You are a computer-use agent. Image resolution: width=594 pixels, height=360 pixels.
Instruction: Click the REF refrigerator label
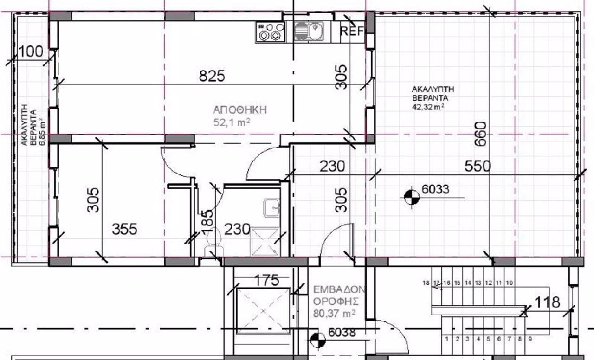[x=352, y=31]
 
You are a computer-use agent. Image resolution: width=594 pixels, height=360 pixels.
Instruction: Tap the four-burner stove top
[x=271, y=32]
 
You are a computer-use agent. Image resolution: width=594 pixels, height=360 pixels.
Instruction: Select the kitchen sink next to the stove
[x=309, y=31]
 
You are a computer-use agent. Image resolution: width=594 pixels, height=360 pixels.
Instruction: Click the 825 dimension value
[x=212, y=76]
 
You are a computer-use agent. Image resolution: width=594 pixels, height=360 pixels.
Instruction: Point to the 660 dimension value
[x=481, y=134]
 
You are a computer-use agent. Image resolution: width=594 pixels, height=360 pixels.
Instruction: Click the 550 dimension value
[x=478, y=166]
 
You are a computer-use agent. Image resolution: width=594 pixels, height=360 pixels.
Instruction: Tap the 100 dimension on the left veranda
[x=31, y=51]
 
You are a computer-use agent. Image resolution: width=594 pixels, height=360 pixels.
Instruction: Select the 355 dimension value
[x=124, y=229]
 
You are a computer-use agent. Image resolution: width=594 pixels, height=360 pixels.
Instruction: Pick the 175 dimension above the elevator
[x=267, y=280]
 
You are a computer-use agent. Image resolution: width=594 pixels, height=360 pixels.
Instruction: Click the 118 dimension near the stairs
[x=547, y=302]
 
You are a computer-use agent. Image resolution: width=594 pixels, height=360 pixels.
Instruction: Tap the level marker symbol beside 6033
[x=412, y=197]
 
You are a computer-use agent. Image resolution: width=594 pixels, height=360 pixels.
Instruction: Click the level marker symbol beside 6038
[x=318, y=341]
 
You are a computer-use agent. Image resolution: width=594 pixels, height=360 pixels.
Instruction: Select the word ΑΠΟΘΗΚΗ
[x=240, y=110]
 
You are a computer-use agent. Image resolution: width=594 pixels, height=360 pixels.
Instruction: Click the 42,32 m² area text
[x=428, y=107]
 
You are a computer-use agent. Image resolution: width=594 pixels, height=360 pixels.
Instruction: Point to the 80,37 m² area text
[x=334, y=314]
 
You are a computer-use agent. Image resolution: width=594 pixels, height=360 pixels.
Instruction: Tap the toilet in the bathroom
[x=213, y=243]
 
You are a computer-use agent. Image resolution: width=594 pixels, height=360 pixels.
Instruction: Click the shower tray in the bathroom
[x=265, y=242]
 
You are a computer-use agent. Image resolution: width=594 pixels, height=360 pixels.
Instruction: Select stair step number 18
[x=426, y=283]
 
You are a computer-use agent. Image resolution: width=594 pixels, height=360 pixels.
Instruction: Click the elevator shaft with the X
[x=263, y=311]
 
